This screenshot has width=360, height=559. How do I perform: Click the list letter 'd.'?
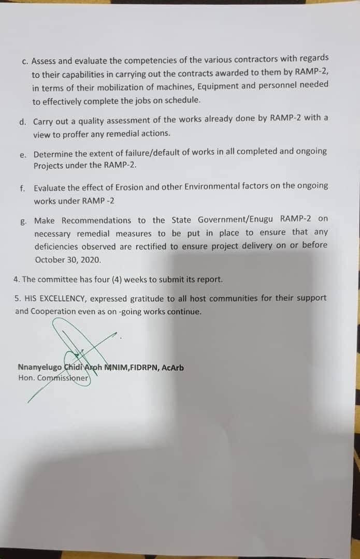pyautogui.click(x=22, y=122)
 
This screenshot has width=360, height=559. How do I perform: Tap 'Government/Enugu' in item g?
pyautogui.click(x=238, y=219)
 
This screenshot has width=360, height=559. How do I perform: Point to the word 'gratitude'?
pyautogui.click(x=149, y=299)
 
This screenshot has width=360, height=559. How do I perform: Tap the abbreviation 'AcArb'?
pyautogui.click(x=172, y=368)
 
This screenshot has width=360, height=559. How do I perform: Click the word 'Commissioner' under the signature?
pyautogui.click(x=64, y=378)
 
